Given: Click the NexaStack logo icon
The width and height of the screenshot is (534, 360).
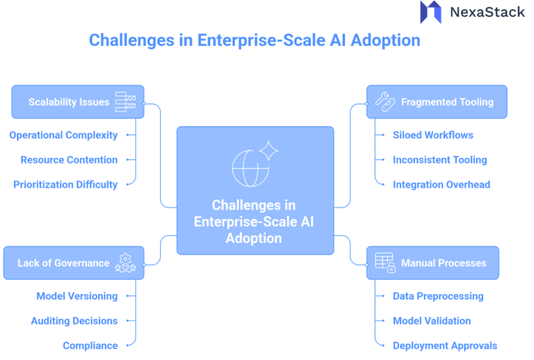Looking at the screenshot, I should (x=430, y=12).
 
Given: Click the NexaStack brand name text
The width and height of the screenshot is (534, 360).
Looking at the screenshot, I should (x=487, y=12).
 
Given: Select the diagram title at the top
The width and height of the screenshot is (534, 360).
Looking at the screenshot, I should (x=254, y=40).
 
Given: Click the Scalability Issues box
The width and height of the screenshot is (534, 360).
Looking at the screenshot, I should (x=78, y=102).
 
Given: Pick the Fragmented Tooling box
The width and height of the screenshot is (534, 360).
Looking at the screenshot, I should (x=436, y=102).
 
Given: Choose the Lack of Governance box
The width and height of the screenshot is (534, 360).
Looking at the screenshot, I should (x=73, y=263).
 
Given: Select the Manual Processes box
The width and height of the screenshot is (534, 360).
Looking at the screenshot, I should (x=432, y=263).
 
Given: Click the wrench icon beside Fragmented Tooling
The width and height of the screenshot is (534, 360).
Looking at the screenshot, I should (x=384, y=102).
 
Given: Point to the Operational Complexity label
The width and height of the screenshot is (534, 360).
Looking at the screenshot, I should (x=63, y=135).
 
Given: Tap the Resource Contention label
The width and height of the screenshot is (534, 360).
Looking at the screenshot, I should (x=69, y=160).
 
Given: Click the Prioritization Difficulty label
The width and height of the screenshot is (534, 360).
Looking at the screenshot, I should (x=66, y=184).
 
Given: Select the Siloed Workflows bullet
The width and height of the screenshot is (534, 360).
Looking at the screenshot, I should (x=432, y=135).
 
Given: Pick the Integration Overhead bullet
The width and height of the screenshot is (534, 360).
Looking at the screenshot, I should (x=441, y=184).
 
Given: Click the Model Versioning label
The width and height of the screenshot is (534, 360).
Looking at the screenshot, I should (x=77, y=296).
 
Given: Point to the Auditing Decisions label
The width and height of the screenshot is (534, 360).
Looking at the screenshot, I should (x=74, y=320).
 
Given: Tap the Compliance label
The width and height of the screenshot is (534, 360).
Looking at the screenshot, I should (x=90, y=345).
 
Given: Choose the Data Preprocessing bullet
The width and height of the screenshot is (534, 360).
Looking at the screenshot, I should (x=438, y=296).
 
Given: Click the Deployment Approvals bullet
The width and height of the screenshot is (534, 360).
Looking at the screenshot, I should (x=444, y=345).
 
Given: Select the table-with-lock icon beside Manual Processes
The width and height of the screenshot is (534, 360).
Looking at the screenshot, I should (x=384, y=263).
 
